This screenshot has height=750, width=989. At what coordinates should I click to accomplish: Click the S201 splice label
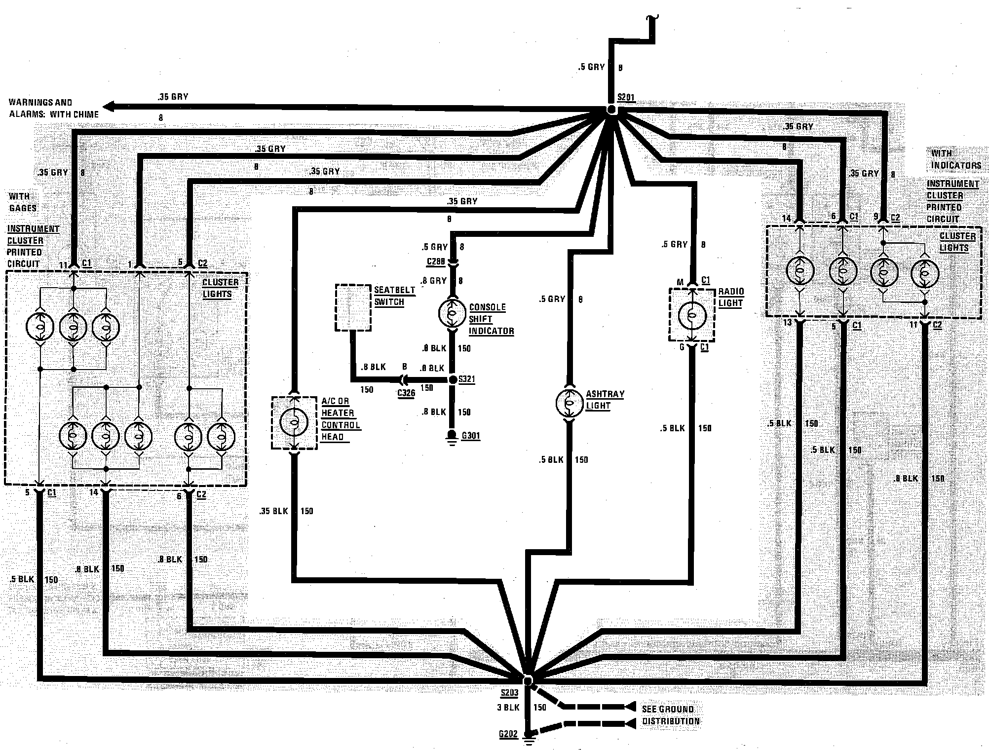pyautogui.click(x=626, y=97)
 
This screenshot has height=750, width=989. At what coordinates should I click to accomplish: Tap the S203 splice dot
pyautogui.click(x=528, y=681)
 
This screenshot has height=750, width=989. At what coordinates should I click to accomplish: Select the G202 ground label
pyautogui.click(x=508, y=734)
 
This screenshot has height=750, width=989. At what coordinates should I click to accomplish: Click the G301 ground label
pyautogui.click(x=471, y=436)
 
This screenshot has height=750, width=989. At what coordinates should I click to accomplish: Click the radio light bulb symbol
pyautogui.click(x=692, y=316)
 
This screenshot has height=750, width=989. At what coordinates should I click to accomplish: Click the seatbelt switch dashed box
pyautogui.click(x=353, y=307)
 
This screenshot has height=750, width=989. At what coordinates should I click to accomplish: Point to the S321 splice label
pyautogui.click(x=466, y=379)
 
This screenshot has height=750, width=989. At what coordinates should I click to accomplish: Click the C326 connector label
pyautogui.click(x=406, y=393)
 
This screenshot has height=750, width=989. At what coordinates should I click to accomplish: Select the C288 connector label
pyautogui.click(x=436, y=261)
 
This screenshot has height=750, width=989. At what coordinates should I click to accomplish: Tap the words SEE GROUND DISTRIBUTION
pyautogui.click(x=670, y=715)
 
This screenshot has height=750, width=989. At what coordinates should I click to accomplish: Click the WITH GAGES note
pyautogui.click(x=23, y=202)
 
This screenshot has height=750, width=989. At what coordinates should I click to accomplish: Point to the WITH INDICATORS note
pyautogui.click(x=955, y=159)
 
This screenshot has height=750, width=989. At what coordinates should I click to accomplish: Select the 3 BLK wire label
pyautogui.click(x=508, y=707)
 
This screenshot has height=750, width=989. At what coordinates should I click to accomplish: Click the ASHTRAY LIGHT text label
pyautogui.click(x=605, y=400)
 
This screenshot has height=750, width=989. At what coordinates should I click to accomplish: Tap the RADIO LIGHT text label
pyautogui.click(x=731, y=297)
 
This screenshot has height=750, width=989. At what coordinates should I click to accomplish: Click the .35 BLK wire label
pyautogui.click(x=273, y=511)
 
